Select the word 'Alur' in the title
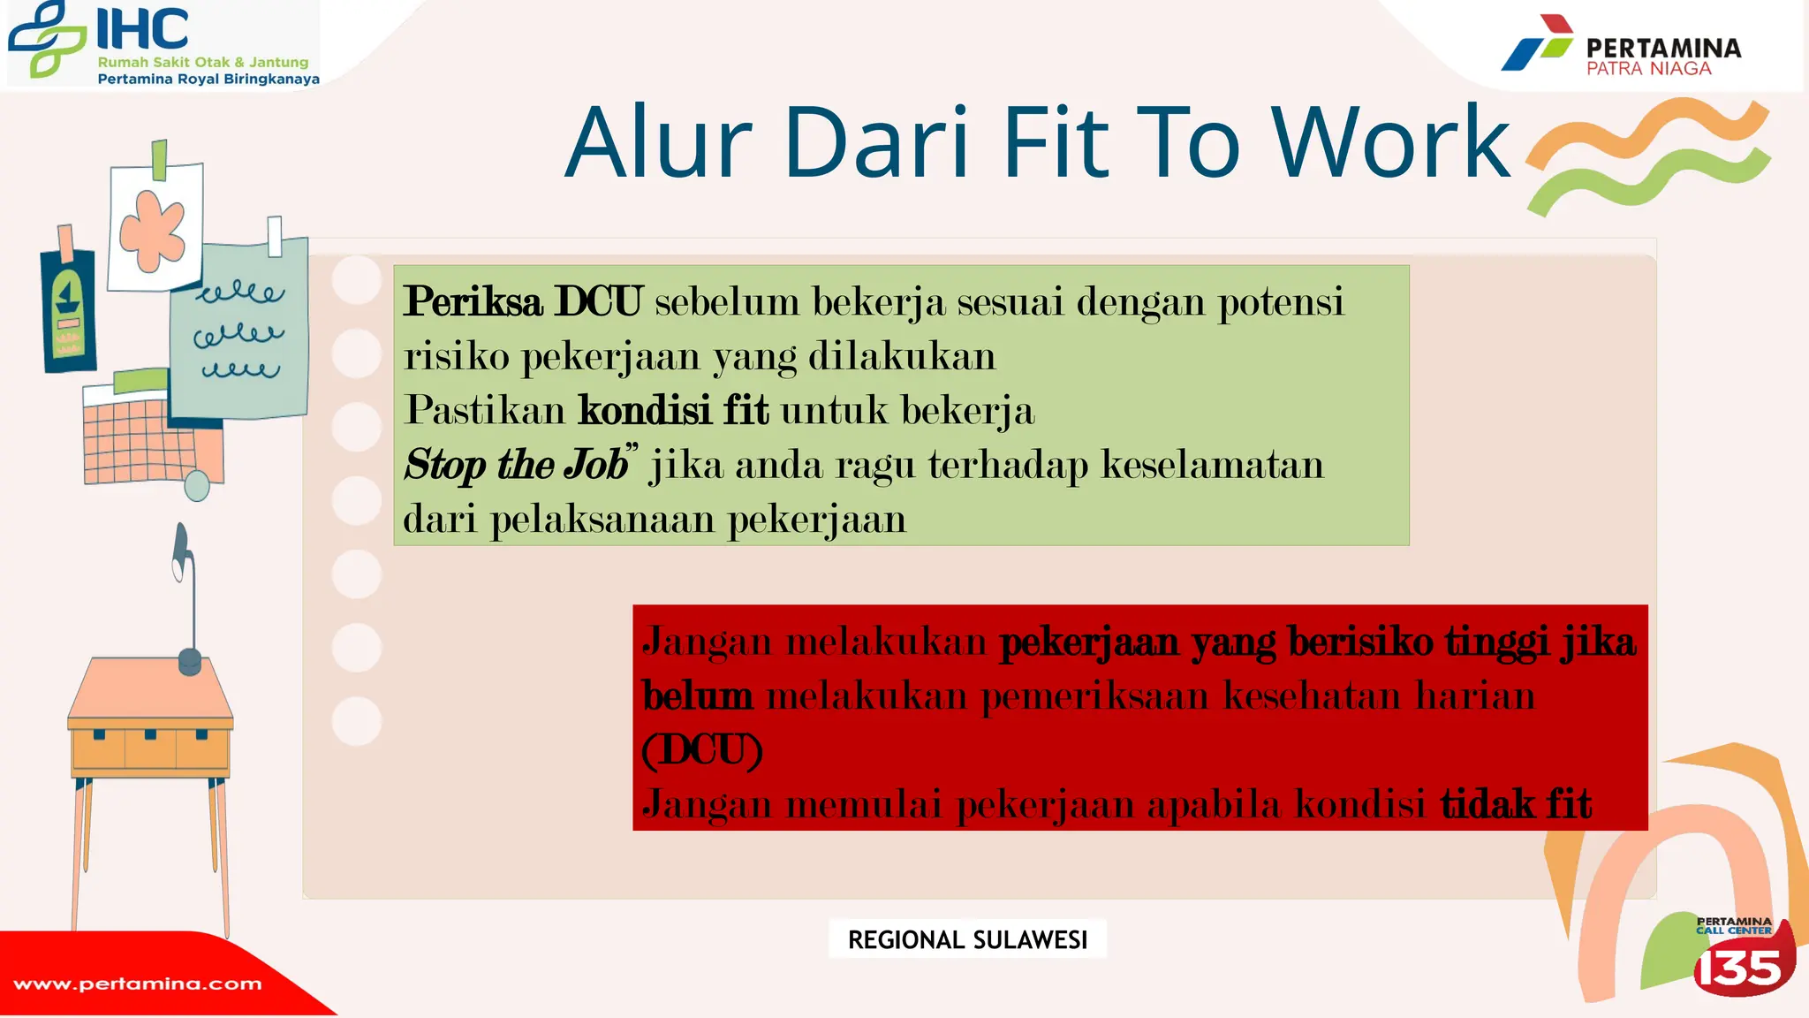coord(658,143)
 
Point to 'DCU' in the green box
coord(598,302)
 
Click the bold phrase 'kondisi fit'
coord(673,411)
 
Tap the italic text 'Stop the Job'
coord(516,465)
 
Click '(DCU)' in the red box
coord(702,750)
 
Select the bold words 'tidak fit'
coord(1516,804)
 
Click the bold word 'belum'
coord(698,695)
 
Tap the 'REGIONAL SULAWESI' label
coord(967,939)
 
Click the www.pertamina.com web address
coord(138,984)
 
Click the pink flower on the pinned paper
coord(153,229)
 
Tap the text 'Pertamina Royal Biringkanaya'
coord(208,79)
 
